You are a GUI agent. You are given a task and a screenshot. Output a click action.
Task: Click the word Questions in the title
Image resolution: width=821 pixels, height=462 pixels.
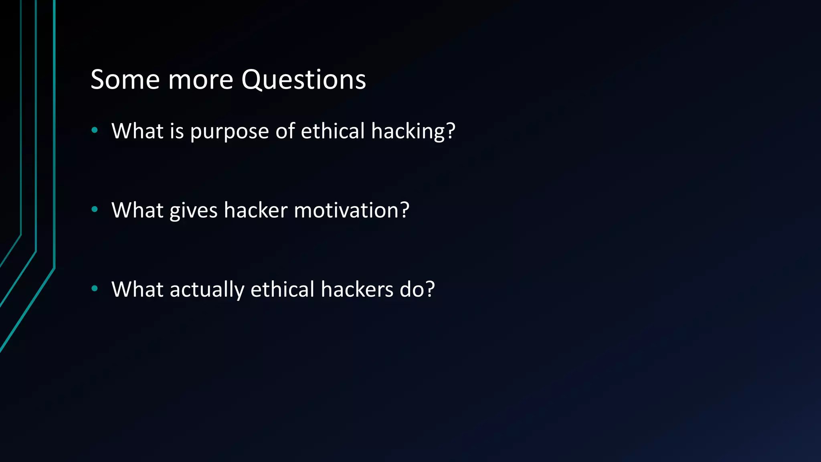tap(303, 79)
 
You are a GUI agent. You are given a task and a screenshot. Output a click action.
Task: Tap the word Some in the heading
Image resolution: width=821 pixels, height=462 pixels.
tap(125, 79)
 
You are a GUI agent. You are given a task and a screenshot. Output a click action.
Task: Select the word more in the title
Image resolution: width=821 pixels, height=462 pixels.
tap(200, 79)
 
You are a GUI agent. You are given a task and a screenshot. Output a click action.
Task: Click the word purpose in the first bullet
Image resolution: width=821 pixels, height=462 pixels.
tap(229, 132)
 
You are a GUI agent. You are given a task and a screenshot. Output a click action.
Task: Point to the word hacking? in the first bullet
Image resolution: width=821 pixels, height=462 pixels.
tap(413, 132)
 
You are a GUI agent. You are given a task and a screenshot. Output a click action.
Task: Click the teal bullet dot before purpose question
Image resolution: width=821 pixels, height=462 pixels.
tap(95, 130)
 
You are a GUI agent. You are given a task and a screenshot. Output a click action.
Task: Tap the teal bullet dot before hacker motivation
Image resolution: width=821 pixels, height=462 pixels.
tap(95, 209)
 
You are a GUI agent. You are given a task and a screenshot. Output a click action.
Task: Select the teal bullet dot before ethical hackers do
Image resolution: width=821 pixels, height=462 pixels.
tap(95, 288)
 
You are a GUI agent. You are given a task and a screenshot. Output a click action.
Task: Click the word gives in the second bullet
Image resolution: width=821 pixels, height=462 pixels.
tap(193, 211)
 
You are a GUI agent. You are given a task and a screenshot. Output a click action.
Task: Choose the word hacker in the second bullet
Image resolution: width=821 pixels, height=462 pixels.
tap(256, 210)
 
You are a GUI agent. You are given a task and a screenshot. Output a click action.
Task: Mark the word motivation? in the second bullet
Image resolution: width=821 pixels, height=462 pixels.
tap(352, 210)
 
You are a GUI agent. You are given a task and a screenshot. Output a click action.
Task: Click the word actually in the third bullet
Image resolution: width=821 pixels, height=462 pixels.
tap(207, 290)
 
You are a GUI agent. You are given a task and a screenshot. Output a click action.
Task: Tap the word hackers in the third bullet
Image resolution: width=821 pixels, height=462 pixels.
tap(357, 289)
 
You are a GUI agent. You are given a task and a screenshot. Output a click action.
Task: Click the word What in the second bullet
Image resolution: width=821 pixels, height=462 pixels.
tap(138, 210)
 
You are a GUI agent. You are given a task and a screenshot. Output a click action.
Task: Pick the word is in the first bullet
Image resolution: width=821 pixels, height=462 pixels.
tap(176, 131)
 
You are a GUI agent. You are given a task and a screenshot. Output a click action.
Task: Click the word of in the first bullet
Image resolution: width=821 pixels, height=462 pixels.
tap(285, 131)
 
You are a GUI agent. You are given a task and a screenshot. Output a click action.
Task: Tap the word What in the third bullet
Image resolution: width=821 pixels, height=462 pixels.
tap(138, 289)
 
